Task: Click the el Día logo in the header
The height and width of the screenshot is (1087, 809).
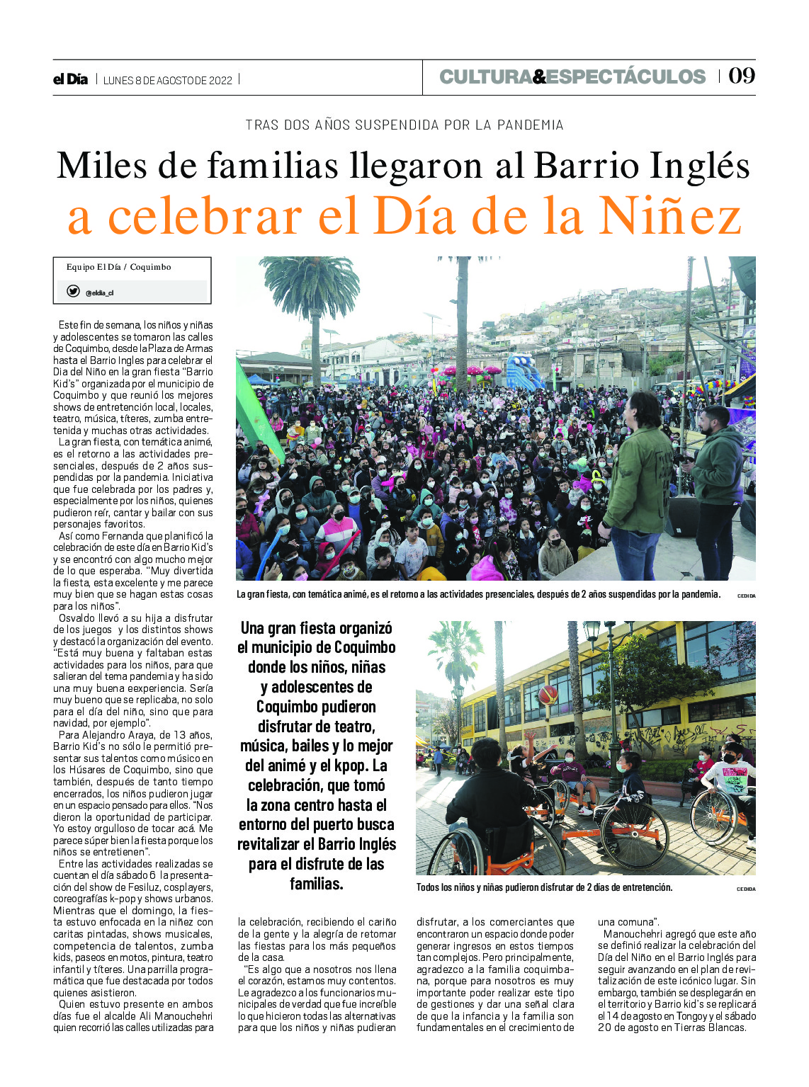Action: pyautogui.click(x=70, y=79)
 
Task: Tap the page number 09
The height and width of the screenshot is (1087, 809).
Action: pyautogui.click(x=742, y=76)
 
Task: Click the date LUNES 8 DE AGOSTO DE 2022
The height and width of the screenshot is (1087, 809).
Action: pyautogui.click(x=168, y=80)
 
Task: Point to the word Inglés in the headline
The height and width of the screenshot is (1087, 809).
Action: pyautogui.click(x=698, y=166)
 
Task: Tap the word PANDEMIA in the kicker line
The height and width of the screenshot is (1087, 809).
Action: pyautogui.click(x=530, y=125)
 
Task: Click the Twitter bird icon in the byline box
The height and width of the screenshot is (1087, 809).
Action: pyautogui.click(x=73, y=291)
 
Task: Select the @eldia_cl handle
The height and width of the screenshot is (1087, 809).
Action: pyautogui.click(x=99, y=292)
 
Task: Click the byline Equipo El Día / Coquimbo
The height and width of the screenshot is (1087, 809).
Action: pyautogui.click(x=118, y=267)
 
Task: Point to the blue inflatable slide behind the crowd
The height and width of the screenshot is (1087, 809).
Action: pyautogui.click(x=523, y=372)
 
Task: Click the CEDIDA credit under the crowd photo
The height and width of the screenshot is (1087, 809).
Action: pyautogui.click(x=746, y=596)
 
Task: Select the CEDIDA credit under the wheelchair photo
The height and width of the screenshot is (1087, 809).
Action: pyautogui.click(x=746, y=889)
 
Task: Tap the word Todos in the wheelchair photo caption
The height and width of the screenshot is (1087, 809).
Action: pyautogui.click(x=428, y=887)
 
